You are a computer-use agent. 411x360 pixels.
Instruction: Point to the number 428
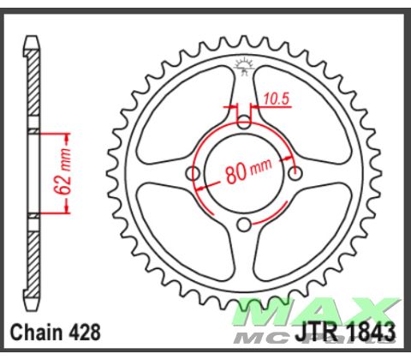tap(89, 332)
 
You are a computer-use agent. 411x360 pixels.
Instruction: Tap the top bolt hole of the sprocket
tap(245, 123)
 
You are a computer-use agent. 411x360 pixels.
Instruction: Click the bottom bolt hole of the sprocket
tap(245, 225)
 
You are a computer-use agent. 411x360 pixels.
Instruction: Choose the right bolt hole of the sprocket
tap(296, 174)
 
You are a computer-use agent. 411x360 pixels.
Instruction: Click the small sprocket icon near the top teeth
tap(245, 63)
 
